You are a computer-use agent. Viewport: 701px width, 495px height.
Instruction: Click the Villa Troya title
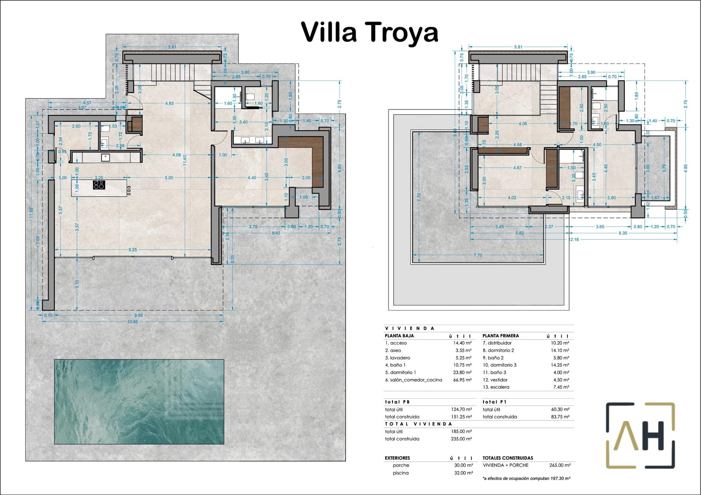[369, 32]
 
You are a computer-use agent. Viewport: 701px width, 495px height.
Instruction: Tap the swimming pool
[139, 401]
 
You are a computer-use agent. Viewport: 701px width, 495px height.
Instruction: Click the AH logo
[640, 435]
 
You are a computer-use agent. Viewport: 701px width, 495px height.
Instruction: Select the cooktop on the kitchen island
[99, 185]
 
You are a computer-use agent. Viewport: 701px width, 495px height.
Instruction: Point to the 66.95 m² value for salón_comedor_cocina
[462, 380]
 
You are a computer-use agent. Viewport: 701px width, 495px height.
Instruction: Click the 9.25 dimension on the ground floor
[132, 250]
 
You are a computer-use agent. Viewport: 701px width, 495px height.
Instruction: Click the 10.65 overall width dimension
[132, 322]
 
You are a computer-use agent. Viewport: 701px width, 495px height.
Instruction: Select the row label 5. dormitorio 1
[400, 372]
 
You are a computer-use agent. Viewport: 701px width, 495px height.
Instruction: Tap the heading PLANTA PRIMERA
[500, 336]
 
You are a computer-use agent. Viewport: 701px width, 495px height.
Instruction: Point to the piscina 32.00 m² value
[463, 473]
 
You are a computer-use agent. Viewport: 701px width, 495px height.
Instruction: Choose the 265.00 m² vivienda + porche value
[559, 465]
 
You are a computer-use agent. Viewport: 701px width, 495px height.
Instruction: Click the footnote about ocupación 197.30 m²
[526, 478]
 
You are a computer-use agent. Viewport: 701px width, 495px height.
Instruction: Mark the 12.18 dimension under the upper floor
[574, 239]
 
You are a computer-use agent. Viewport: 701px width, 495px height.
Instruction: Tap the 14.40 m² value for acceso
[462, 343]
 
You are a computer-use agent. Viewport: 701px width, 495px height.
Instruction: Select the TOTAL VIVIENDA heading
[418, 424]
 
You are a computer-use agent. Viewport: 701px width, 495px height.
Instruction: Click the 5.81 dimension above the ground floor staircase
[172, 47]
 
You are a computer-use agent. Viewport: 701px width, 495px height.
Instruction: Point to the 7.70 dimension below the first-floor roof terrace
[478, 255]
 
